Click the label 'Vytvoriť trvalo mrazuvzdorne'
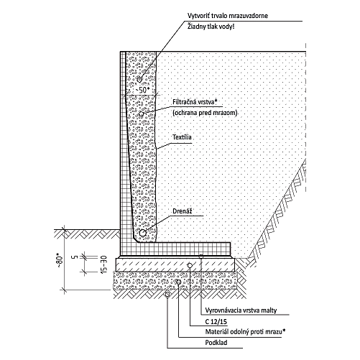(x=228, y=16)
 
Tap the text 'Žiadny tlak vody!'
(x=211, y=27)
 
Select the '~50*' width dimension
(x=142, y=90)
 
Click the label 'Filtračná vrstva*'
(x=195, y=102)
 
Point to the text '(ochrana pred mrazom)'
(x=205, y=113)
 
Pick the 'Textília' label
(x=182, y=137)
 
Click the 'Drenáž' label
(x=183, y=211)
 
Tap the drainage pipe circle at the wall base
(x=142, y=233)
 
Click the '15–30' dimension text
(x=104, y=265)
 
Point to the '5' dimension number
(x=75, y=257)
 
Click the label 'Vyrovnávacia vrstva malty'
(x=241, y=310)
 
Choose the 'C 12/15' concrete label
(x=216, y=321)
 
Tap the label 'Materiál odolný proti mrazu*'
(x=245, y=332)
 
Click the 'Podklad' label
(x=216, y=343)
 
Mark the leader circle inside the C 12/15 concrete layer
(x=190, y=265)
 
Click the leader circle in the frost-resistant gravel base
(x=178, y=282)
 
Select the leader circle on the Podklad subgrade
(x=167, y=294)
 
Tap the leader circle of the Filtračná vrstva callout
(x=141, y=114)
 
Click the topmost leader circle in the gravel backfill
(x=139, y=79)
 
